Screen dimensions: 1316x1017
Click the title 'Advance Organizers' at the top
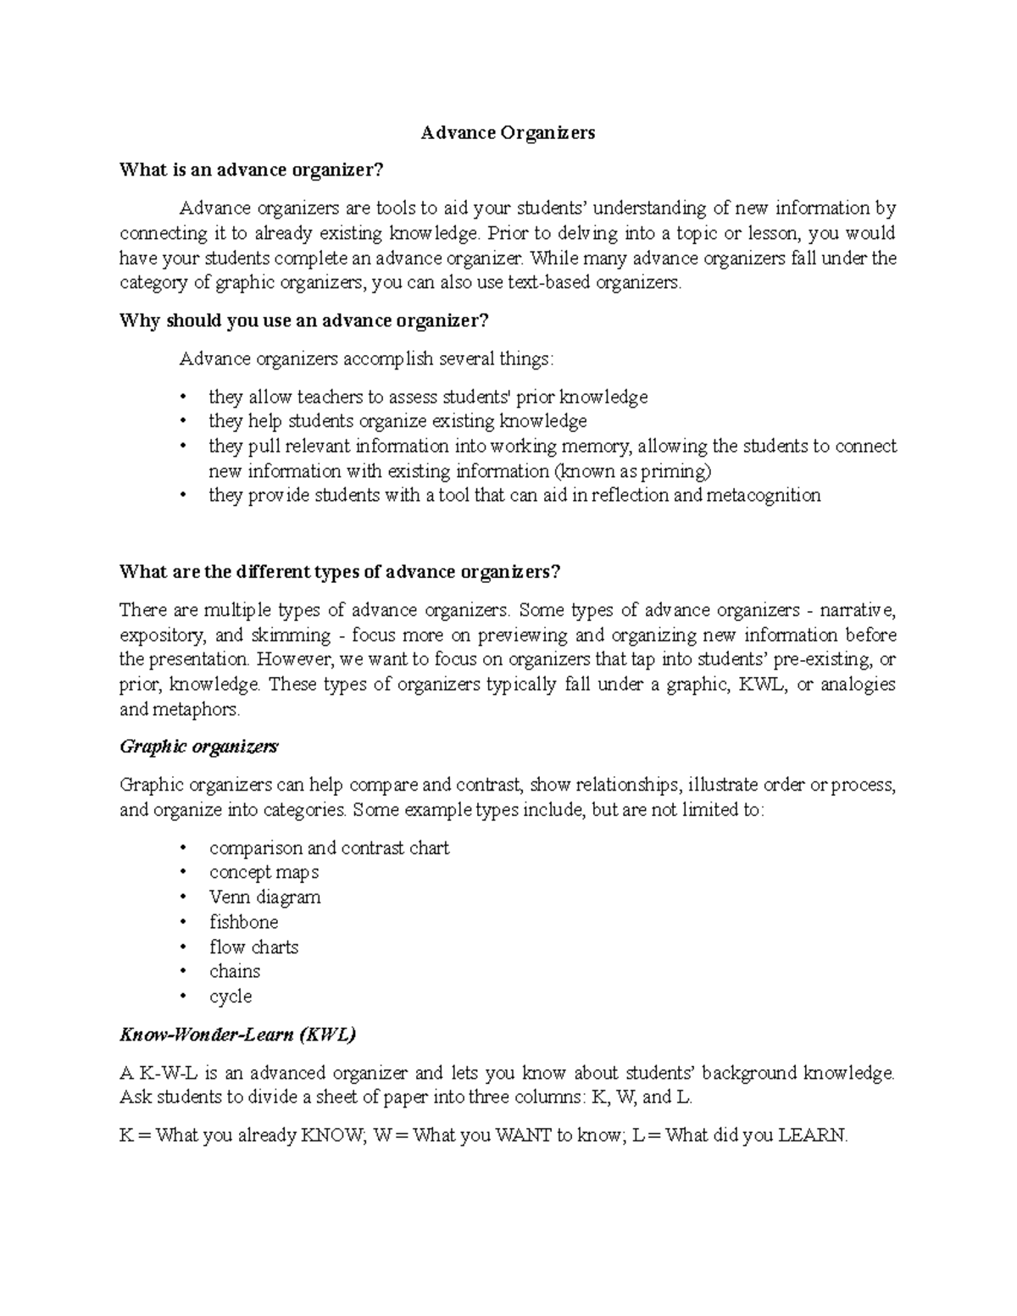508,133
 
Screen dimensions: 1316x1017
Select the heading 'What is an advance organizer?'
252,170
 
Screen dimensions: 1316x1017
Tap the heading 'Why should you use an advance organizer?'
304,321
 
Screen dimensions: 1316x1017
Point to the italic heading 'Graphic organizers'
199,747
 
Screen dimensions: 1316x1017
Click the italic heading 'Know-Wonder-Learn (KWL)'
238,1035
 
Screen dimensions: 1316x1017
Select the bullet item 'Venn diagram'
264,897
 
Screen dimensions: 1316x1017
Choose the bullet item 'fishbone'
243,922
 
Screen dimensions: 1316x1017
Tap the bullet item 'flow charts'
253,947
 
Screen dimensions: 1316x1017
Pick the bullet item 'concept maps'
264,873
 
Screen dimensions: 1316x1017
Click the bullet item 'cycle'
231,997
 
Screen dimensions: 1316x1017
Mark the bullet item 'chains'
235,971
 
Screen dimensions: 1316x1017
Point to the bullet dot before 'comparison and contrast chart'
183,849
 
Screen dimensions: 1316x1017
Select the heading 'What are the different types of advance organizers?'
340,572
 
